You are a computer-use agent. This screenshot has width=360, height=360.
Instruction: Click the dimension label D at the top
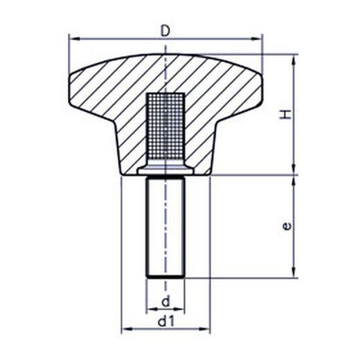165,31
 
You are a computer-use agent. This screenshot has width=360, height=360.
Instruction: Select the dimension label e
287,226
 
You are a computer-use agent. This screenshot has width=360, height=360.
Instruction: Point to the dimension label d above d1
165,301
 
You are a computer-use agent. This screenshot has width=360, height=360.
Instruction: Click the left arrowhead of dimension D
74,39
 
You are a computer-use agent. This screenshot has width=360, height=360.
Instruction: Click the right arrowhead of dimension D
257,39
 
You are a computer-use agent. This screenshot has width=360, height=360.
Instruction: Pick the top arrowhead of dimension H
294,60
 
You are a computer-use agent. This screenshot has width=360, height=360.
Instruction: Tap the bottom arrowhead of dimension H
294,170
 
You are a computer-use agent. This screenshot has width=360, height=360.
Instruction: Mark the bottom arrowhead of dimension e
294,273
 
